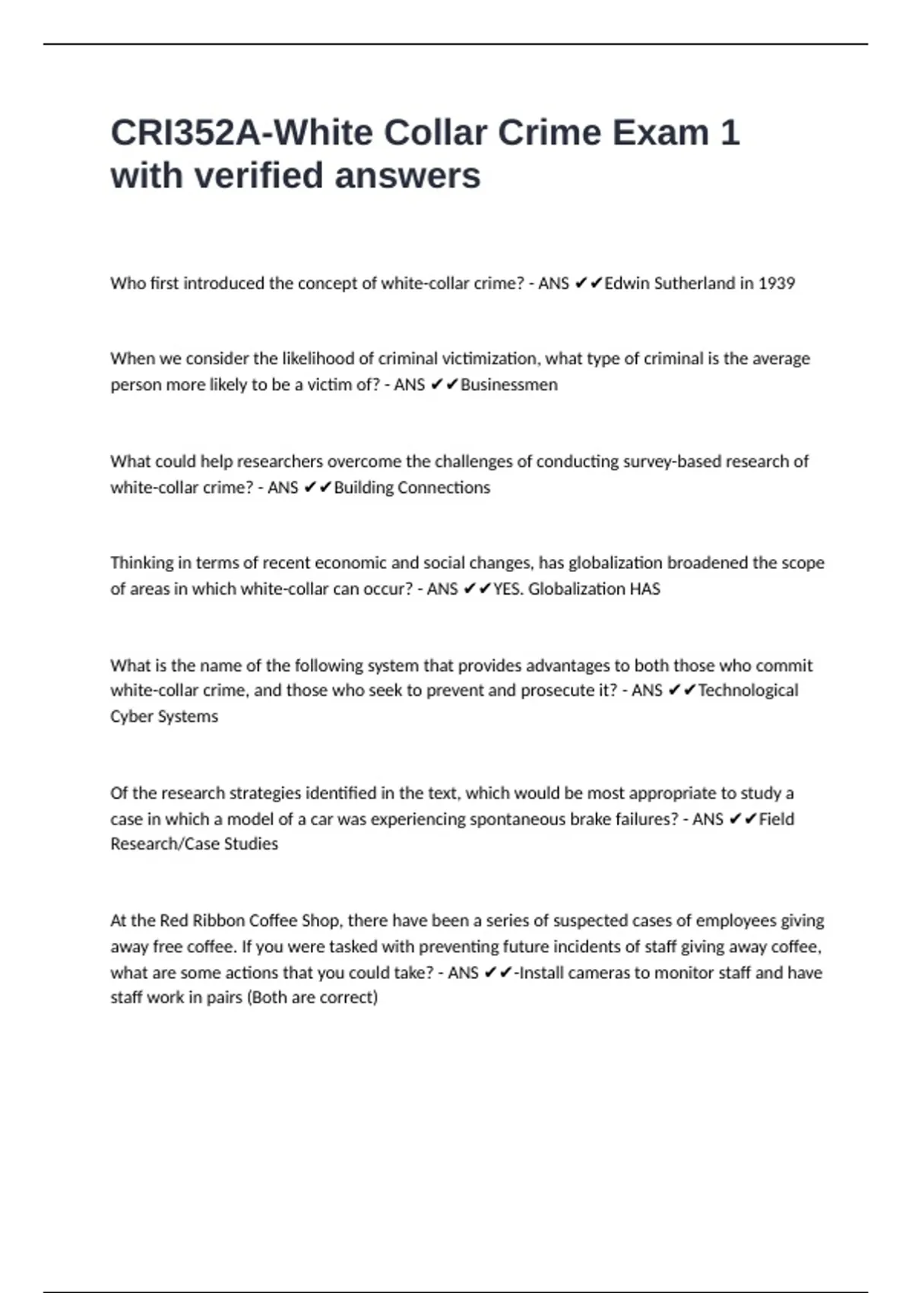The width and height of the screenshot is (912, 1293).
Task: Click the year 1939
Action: [x=776, y=284]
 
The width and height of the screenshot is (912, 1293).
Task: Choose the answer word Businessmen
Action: [x=509, y=385]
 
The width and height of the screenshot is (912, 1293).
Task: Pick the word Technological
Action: [x=748, y=691]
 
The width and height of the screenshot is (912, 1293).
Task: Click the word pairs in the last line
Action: [x=224, y=998]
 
